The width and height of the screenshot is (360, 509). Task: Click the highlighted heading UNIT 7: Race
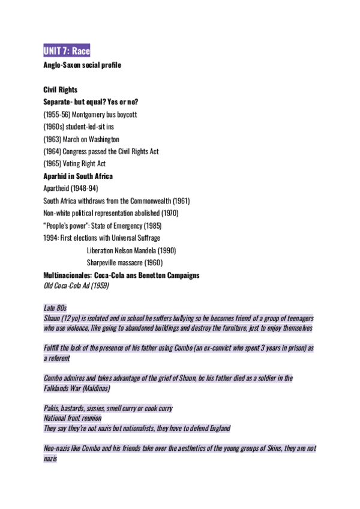[67, 51]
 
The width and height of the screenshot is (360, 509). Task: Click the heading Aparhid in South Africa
[78, 176]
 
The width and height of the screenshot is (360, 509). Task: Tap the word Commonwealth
[146, 201]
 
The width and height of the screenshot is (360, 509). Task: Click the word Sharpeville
[105, 262]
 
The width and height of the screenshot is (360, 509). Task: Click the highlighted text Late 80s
[55, 308]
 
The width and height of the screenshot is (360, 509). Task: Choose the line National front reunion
[73, 418]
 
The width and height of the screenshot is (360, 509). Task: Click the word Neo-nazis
[59, 448]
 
